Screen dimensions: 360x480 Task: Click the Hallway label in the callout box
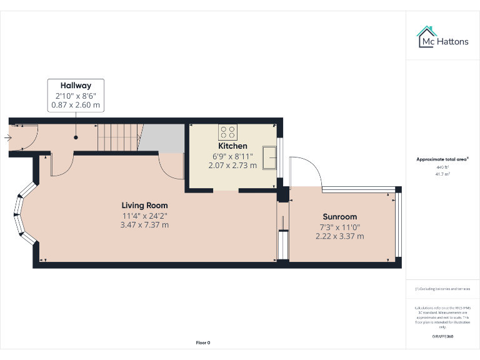76,86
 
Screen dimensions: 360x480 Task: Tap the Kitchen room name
232,146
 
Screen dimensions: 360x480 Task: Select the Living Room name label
144,205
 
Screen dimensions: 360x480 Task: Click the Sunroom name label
340,216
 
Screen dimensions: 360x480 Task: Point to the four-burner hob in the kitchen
227,132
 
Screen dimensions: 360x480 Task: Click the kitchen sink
271,157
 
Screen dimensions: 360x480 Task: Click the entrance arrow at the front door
7,137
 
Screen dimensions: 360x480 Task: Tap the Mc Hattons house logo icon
427,36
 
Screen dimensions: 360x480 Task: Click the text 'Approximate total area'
442,159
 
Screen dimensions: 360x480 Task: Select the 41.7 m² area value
442,174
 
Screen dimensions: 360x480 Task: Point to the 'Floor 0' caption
203,342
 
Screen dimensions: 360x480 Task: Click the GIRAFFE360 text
442,337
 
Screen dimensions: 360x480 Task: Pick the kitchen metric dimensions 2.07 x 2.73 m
232,166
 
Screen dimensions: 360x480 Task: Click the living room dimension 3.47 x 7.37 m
144,225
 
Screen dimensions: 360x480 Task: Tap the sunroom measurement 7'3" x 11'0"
340,227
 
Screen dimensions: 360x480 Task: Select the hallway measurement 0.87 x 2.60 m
76,106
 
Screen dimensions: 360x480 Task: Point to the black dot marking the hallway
76,137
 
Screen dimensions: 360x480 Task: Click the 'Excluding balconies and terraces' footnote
442,289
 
